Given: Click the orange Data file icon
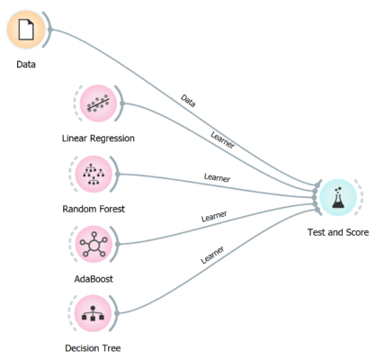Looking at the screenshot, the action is (26, 30).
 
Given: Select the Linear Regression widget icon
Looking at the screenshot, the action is (98, 103).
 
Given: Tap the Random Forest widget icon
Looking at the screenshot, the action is (94, 174).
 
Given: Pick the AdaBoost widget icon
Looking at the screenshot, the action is (94, 244).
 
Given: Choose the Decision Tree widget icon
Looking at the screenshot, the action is (93, 313).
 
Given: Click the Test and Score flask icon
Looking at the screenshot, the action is (338, 197).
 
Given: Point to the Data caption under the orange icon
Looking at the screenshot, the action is (26, 64).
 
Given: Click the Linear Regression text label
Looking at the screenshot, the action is (98, 139).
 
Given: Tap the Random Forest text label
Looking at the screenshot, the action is (94, 209).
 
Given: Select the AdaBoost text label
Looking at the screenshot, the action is (94, 279).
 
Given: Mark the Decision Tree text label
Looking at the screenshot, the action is (93, 348).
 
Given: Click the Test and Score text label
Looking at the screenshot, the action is (338, 232).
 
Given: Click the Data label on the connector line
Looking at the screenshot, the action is (188, 101).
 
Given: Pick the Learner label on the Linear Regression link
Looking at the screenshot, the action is (222, 139).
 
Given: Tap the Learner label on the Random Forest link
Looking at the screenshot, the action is (217, 177).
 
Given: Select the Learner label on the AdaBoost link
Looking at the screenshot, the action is (214, 216).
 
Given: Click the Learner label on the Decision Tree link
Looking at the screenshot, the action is (212, 255).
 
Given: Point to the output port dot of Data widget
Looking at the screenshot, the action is (50, 30).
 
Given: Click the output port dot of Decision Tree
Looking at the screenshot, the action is (117, 313).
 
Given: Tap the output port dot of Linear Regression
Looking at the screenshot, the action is (122, 103).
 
